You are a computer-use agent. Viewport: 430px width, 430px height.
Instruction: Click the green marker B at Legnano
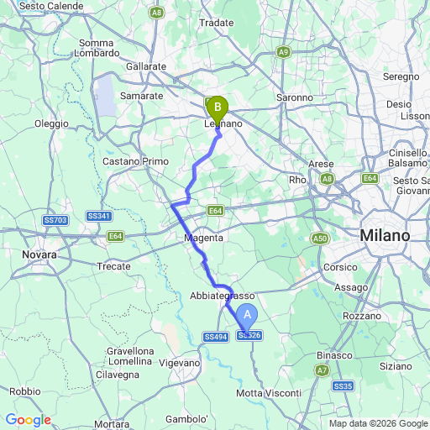pos(218,107)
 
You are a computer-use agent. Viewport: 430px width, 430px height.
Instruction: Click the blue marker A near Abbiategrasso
pos(247,316)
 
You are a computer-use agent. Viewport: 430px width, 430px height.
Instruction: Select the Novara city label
pos(39,254)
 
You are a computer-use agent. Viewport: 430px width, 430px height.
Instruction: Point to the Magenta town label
pos(204,239)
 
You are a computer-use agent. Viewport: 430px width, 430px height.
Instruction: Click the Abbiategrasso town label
pos(223,296)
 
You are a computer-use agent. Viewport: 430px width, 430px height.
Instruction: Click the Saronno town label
pos(295,97)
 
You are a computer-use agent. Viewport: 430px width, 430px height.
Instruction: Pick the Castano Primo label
pos(135,160)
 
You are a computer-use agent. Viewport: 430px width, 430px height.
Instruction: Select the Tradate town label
pos(216,23)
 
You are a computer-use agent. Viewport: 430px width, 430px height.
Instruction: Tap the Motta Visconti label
pos(262,393)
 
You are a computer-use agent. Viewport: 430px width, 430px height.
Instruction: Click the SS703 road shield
pos(55,220)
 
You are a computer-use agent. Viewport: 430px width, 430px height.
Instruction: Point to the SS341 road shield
pos(99,217)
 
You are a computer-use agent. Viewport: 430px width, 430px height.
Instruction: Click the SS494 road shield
pos(215,337)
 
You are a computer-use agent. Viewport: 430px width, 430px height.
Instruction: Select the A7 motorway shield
pos(323,370)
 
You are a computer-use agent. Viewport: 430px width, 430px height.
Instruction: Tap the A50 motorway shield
pos(320,239)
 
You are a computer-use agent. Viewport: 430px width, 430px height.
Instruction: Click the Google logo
pos(28,420)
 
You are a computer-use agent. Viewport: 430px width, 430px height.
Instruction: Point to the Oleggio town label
pos(51,123)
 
